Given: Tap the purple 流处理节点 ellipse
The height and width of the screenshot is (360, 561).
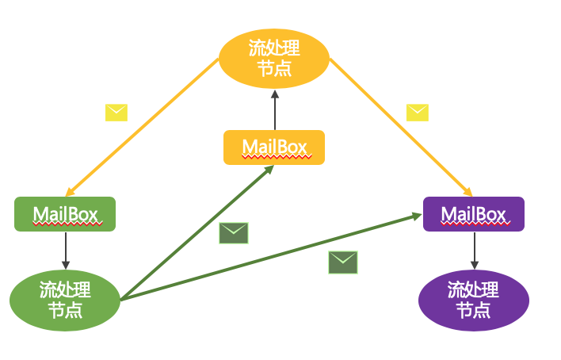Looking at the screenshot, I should (473, 300).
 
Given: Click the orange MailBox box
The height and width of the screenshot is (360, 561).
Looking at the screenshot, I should (274, 147).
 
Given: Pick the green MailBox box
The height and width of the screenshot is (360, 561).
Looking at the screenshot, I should (65, 214).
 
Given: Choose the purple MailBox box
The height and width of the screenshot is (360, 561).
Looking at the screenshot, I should (474, 214).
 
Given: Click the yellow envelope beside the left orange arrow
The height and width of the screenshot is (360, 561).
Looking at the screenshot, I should (116, 113).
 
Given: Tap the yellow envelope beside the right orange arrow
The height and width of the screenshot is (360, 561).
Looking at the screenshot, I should (418, 113).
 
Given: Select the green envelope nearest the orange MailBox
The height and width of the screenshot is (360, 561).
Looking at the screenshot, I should (234, 233).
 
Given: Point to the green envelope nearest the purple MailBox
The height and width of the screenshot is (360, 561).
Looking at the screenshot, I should (343, 262).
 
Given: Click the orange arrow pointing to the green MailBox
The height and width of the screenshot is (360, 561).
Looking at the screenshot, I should (143, 127).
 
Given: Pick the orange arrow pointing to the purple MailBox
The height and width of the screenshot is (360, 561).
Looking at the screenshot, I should (400, 127).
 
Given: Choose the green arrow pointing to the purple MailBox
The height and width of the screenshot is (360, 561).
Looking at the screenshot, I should (269, 256).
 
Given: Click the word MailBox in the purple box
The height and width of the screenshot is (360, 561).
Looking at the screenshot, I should (474, 214).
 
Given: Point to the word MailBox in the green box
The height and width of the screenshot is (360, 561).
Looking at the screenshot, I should (65, 214).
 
